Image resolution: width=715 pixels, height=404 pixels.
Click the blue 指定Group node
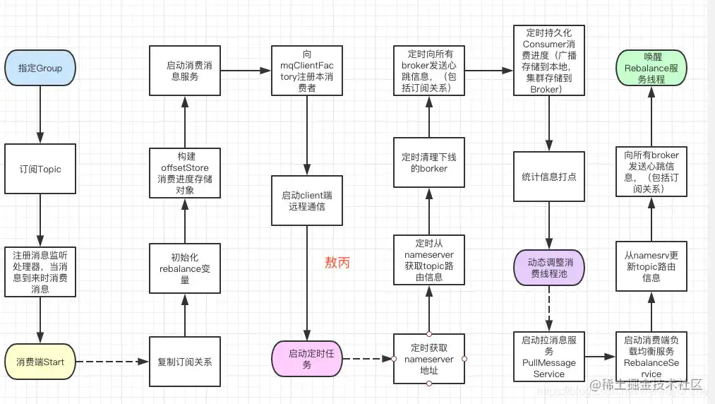click(x=40, y=69)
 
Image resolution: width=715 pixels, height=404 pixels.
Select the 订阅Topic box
click(x=40, y=170)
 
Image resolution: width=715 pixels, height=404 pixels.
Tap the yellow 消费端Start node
click(x=40, y=362)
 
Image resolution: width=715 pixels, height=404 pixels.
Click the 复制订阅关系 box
click(x=184, y=362)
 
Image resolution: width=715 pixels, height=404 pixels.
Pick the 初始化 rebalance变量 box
click(x=184, y=268)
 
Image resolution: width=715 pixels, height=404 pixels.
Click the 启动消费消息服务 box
click(x=184, y=71)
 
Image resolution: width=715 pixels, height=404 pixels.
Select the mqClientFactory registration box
click(x=307, y=71)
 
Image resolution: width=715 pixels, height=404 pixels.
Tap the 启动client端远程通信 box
click(x=307, y=201)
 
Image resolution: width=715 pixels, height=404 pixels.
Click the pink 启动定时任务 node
click(x=307, y=359)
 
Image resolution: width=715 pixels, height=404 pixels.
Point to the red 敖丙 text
click(x=337, y=263)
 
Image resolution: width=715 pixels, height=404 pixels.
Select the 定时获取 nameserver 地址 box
click(x=429, y=359)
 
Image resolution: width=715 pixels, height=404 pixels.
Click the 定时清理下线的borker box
click(x=429, y=162)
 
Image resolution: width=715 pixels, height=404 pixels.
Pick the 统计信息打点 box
click(x=548, y=177)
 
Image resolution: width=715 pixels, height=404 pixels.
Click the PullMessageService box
click(x=548, y=357)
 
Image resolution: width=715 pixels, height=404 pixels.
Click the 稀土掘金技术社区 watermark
click(x=652, y=386)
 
